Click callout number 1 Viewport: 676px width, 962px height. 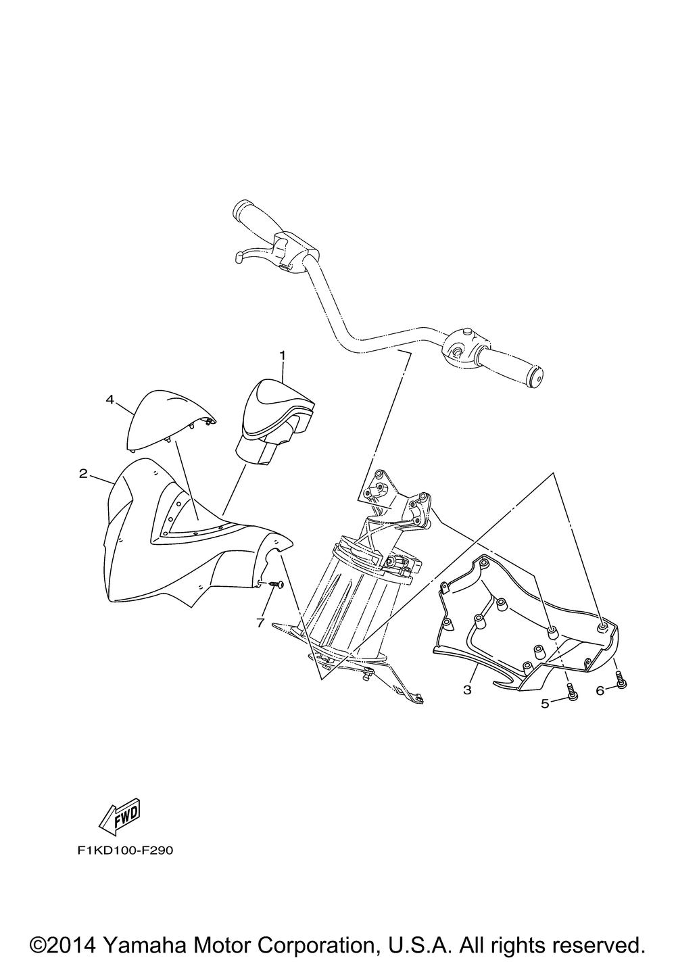tap(283, 354)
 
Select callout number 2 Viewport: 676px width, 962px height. tap(83, 473)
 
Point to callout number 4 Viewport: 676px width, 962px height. tap(110, 400)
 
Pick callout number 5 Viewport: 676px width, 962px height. tap(545, 704)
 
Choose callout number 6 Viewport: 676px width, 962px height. tap(600, 690)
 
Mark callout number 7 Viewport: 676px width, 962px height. tap(260, 623)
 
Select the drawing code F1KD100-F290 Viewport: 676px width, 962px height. tap(125, 850)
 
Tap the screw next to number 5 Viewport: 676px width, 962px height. tap(572, 693)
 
